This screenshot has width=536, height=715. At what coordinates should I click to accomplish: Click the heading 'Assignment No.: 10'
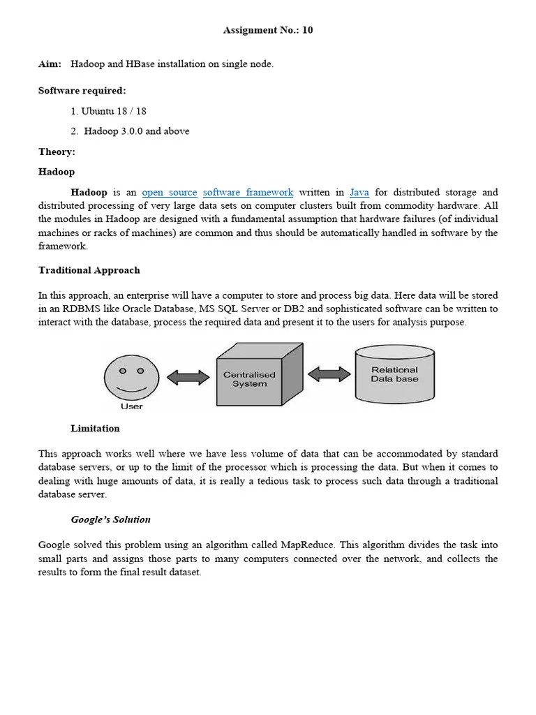(268, 30)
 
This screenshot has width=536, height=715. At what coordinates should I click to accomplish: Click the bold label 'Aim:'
(50, 64)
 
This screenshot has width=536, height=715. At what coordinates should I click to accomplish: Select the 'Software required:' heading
(82, 91)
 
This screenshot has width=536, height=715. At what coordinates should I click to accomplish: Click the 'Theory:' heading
(57, 152)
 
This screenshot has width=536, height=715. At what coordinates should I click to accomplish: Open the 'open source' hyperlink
(170, 192)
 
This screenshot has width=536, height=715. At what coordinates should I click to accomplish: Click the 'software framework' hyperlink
(248, 192)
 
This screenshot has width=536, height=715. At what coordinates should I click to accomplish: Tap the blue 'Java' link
(359, 192)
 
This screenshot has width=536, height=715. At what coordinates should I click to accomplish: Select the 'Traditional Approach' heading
(89, 270)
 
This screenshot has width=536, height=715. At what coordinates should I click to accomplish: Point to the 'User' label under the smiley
(131, 406)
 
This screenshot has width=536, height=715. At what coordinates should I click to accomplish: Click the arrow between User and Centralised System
(188, 378)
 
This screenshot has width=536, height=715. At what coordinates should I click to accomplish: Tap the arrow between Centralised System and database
(329, 374)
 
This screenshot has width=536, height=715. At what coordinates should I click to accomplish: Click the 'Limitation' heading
(95, 429)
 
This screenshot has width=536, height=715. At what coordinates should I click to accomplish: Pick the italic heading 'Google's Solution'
(110, 519)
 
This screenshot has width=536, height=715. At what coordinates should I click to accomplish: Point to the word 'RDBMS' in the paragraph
(81, 309)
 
